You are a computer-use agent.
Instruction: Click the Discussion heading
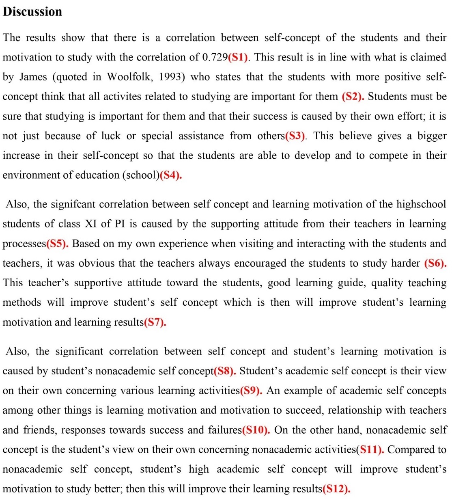32,12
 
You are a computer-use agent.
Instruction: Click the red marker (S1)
238,57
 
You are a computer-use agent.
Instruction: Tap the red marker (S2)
353,97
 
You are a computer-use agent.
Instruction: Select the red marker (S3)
295,136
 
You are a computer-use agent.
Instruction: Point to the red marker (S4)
170,175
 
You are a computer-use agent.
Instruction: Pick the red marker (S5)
57,244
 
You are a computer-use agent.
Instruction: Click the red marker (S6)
435,263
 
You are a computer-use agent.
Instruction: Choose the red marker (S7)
155,322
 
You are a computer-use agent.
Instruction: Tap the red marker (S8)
224,371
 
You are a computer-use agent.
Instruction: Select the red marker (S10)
256,430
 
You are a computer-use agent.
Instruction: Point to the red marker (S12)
336,489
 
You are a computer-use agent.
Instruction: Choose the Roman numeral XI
90,224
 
